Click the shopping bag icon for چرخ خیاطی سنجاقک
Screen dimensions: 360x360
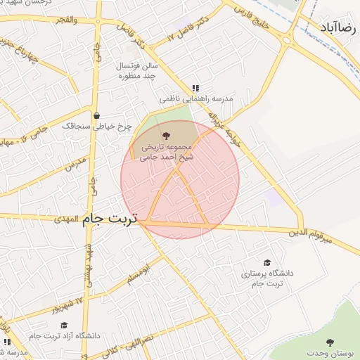coord(97,116)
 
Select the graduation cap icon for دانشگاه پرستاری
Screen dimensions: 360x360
coord(266,262)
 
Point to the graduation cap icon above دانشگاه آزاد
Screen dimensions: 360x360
coord(65,325)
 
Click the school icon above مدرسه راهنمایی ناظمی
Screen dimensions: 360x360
coord(195,88)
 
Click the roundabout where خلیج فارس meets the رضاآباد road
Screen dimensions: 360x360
coord(287,39)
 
